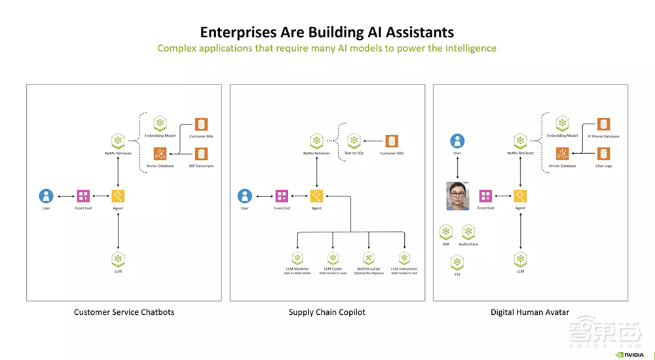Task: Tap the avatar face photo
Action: (458, 196)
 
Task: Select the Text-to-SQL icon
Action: (354, 141)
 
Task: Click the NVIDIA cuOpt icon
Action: (369, 258)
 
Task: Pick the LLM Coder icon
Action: (333, 258)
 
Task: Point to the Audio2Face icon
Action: (468, 232)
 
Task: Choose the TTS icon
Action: (457, 262)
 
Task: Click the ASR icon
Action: (446, 232)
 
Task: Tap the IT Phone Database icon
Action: (603, 124)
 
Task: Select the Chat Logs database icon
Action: (603, 154)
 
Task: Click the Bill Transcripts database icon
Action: (201, 154)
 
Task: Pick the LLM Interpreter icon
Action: (404, 258)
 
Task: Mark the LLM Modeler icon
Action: (297, 258)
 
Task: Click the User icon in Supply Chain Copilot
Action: (245, 196)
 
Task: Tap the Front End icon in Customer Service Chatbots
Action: (83, 196)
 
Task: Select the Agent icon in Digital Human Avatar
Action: (521, 196)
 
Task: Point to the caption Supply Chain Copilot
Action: (327, 312)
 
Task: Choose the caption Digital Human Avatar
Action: (530, 312)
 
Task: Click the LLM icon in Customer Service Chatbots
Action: (118, 258)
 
